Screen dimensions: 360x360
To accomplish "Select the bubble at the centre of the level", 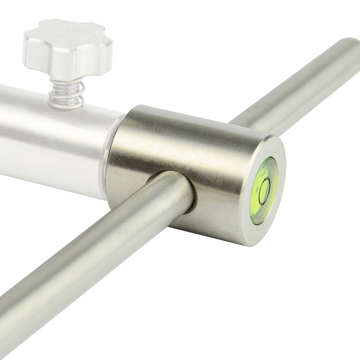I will [x=264, y=189].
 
